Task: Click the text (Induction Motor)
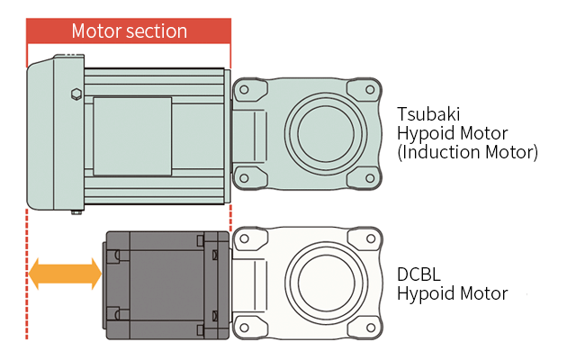[468, 152]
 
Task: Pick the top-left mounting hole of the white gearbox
[243, 239]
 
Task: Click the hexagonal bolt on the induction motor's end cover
[75, 94]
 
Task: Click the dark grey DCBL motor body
[162, 284]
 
